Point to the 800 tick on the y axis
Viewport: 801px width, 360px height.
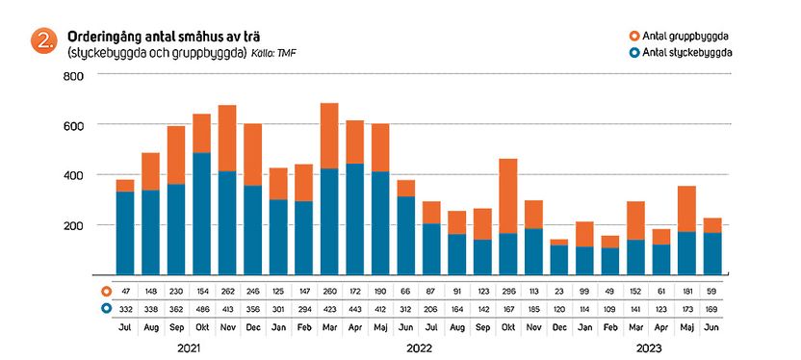[x=74, y=75]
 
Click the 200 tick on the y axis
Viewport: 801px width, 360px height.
[x=74, y=225]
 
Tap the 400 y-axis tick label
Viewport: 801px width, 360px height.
[x=74, y=175]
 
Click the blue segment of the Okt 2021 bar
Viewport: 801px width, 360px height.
[x=201, y=213]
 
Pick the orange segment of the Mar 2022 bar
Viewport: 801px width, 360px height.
[x=329, y=136]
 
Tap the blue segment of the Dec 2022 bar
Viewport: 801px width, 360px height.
[x=559, y=259]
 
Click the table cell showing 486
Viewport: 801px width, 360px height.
[x=201, y=308]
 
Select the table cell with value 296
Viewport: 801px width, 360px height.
[x=507, y=290]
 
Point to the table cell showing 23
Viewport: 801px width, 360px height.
[x=559, y=290]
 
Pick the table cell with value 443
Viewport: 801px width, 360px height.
[x=354, y=308]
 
